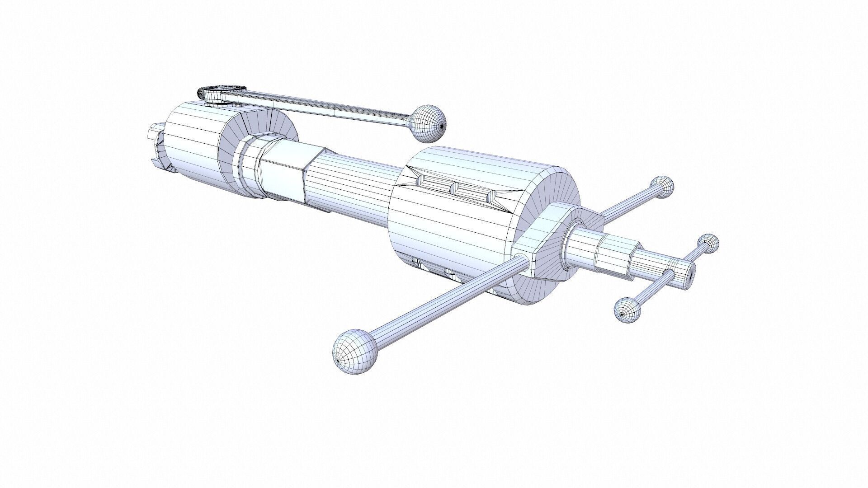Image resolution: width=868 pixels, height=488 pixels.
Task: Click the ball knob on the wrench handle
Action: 430,122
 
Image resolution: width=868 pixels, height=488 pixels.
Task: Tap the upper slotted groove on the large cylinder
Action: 452,186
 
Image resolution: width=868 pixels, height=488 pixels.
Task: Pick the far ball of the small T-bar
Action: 708,244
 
